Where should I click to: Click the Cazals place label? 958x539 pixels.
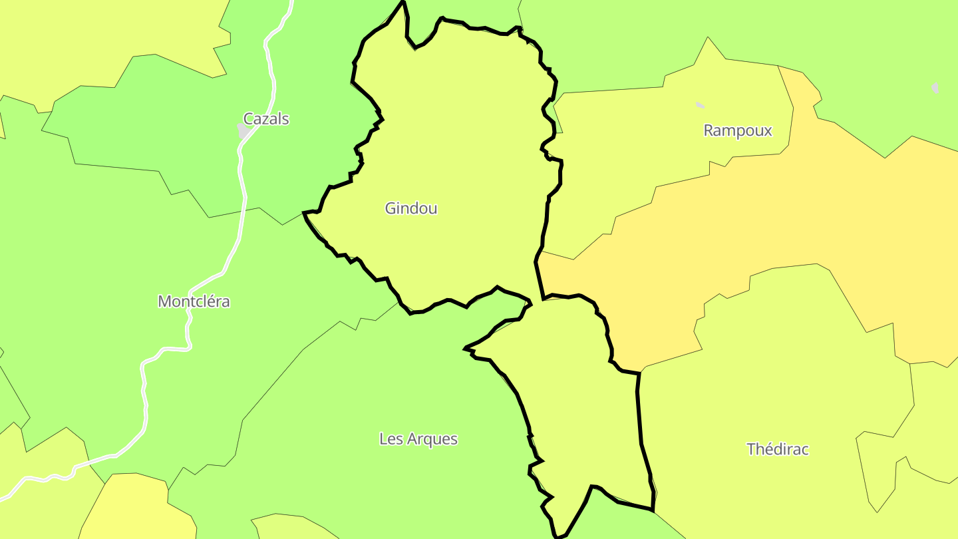coord(266,119)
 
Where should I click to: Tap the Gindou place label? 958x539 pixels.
coord(411,208)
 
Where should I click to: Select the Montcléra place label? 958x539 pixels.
coord(194,301)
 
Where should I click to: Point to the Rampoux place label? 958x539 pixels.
coord(738,130)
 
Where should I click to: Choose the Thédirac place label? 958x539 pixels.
coord(778,449)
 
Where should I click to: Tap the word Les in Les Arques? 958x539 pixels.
coord(389,439)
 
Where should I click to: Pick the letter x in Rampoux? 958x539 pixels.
coord(768,131)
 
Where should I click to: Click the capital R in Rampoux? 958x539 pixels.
coord(709,130)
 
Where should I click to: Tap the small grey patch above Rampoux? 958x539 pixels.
coord(700,104)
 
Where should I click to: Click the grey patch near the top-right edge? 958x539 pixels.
coord(935,87)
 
